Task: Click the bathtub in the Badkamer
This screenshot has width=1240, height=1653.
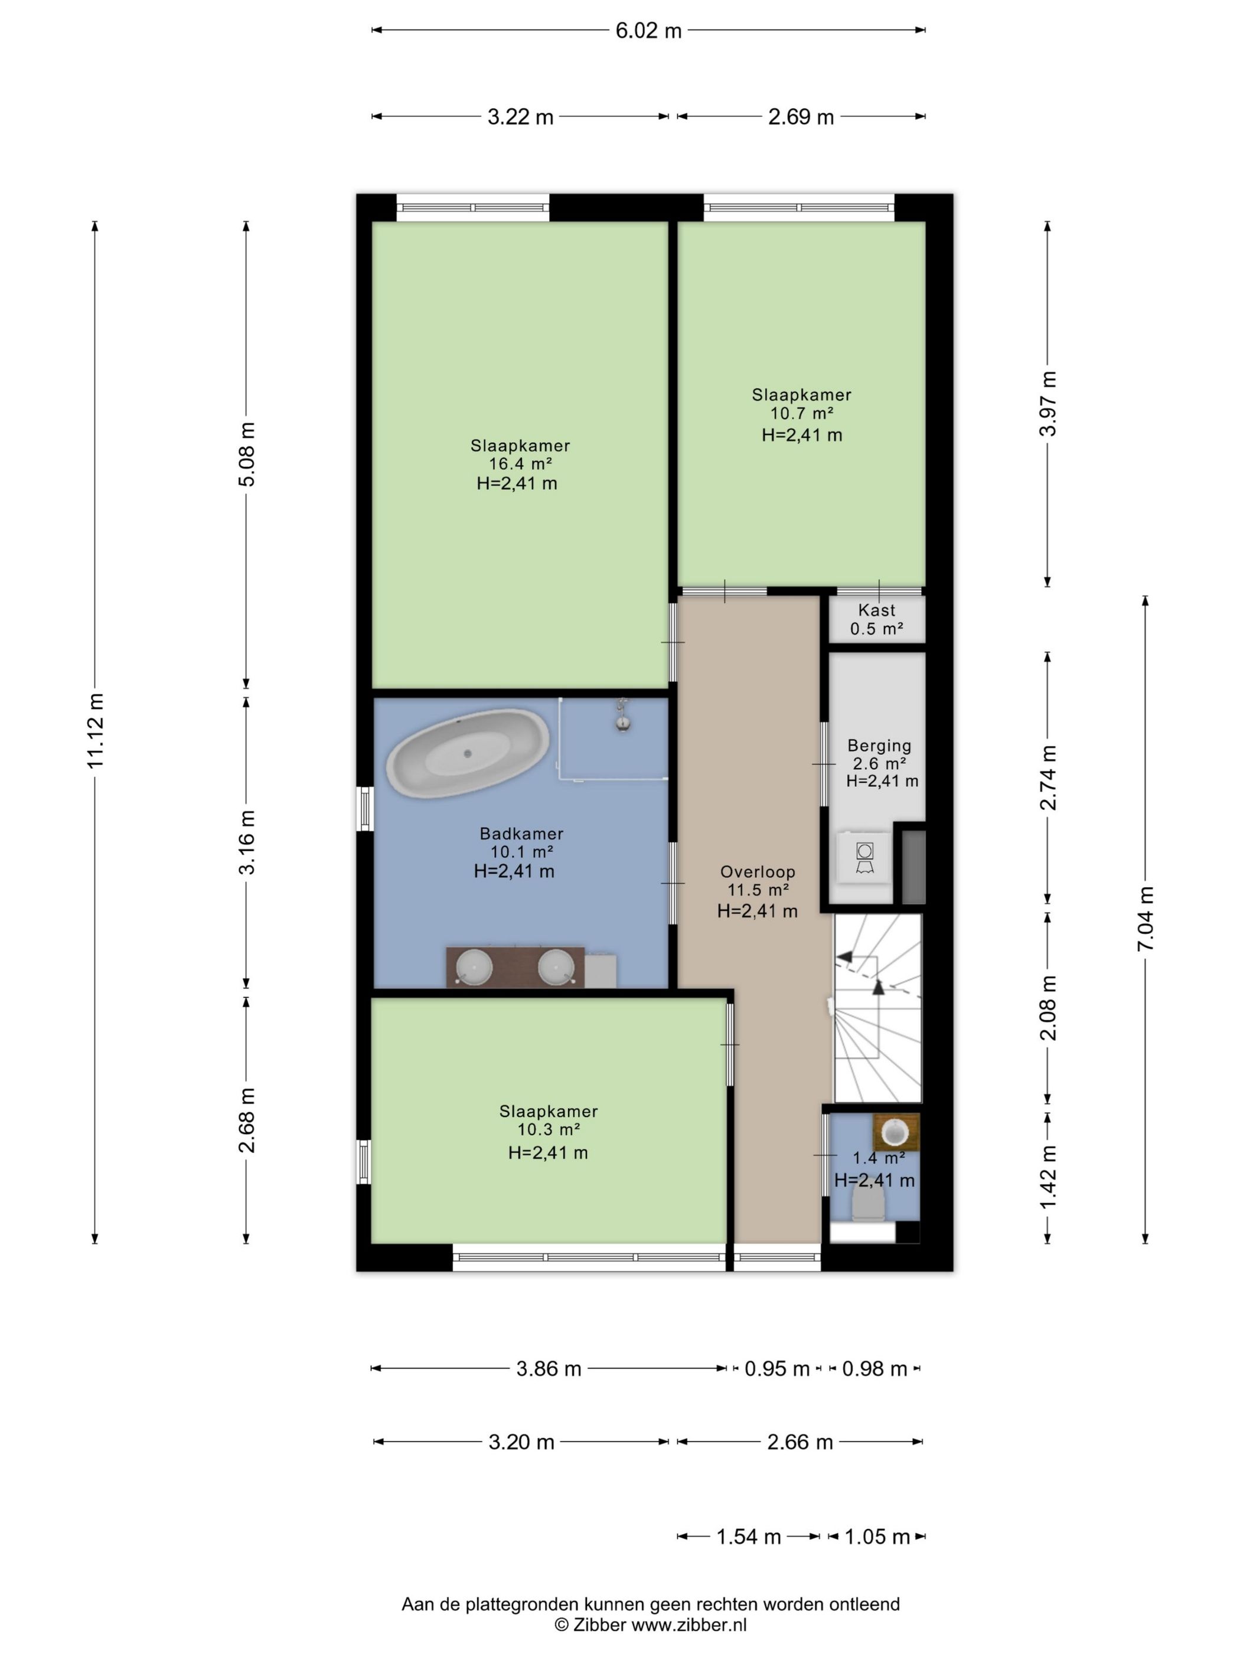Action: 468,753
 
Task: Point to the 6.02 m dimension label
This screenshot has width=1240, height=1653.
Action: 648,31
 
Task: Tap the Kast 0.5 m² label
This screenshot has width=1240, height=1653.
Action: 877,619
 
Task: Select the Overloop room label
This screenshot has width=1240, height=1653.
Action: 757,871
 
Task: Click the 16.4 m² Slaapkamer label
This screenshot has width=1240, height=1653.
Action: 520,455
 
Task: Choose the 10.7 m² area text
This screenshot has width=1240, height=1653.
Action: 801,413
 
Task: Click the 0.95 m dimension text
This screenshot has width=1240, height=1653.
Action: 776,1369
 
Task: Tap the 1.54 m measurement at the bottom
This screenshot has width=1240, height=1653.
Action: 748,1537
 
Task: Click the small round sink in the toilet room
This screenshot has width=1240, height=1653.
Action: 895,1132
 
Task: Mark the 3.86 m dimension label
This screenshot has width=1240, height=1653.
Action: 549,1369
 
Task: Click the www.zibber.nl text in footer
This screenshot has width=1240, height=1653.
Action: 689,1625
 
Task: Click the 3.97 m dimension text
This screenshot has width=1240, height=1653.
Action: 1048,404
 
